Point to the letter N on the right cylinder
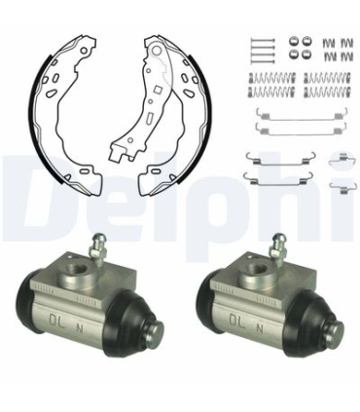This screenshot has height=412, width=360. pos(260,328)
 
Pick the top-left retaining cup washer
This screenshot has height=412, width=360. pos(294,42)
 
